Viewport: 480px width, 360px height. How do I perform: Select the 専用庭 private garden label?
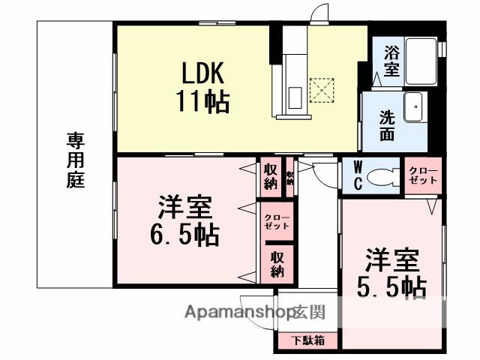(x=75, y=160)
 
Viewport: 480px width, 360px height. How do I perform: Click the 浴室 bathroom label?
(x=392, y=61)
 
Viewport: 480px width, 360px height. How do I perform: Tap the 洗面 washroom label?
(x=387, y=125)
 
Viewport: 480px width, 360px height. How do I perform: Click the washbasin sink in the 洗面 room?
(x=412, y=107)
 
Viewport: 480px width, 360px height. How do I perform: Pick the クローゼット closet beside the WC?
(x=424, y=177)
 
